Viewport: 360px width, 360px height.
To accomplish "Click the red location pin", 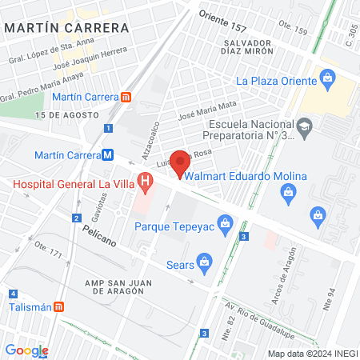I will (181, 162).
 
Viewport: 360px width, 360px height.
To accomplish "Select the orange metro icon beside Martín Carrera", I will (126, 97).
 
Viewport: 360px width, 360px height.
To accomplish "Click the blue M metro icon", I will (107, 155).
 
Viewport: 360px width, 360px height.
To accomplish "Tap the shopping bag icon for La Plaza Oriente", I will (326, 78).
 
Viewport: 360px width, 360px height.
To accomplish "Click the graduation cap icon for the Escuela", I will (304, 126).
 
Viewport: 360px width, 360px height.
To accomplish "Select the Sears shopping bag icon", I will (206, 260).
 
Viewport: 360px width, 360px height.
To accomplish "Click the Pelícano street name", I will (100, 234).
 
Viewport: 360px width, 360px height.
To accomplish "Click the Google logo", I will (26, 350).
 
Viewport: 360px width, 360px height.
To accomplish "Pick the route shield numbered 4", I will (14, 294).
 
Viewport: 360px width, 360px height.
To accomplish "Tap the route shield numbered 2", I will (76, 218).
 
